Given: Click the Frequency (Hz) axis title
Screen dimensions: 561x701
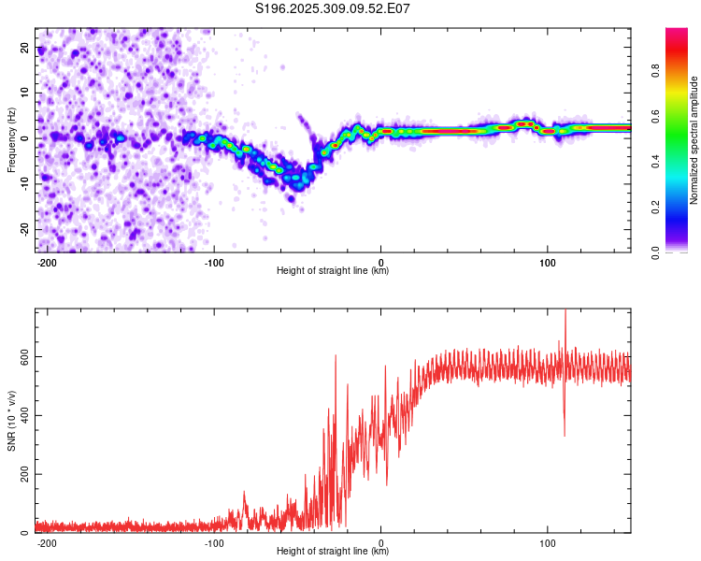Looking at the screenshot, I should tap(11, 139).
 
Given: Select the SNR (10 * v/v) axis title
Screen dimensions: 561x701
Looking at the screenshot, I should tap(11, 420).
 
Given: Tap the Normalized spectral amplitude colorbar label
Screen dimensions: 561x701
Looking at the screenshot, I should tap(694, 140).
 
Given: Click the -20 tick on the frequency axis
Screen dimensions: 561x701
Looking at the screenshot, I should tap(22, 229).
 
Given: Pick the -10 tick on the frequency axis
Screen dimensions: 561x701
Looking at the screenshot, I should tap(22, 183).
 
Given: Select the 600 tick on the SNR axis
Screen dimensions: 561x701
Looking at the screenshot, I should tap(21, 356).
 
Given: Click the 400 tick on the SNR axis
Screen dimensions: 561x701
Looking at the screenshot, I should tap(21, 415).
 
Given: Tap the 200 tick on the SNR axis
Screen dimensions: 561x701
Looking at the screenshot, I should tap(21, 474).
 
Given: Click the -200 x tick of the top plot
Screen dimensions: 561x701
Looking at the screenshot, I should tap(48, 261).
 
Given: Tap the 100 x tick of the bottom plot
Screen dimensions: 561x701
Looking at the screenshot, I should tap(548, 541).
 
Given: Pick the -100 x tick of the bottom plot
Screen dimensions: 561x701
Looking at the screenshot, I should tap(214, 541).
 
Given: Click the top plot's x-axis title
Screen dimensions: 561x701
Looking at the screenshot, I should tap(333, 271).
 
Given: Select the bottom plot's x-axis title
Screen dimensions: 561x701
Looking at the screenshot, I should tap(333, 552).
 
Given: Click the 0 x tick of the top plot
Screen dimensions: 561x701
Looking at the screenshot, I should tap(381, 261).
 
